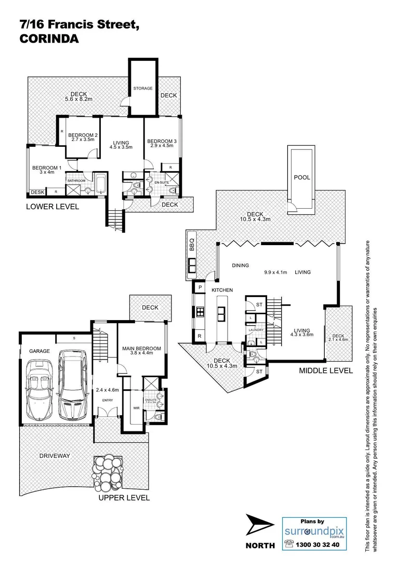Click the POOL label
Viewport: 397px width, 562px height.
click(302, 177)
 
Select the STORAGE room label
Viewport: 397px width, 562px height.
click(142, 88)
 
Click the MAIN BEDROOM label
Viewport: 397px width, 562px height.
click(141, 349)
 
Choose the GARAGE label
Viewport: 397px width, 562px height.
click(39, 351)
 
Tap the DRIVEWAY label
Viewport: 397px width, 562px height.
click(55, 455)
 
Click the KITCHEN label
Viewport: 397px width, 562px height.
click(222, 290)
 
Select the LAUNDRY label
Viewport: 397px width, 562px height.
click(257, 330)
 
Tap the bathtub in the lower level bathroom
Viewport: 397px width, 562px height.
click(100, 183)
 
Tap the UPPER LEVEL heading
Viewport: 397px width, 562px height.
click(124, 497)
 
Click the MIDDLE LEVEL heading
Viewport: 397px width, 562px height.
click(326, 371)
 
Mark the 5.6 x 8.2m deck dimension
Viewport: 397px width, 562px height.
click(78, 99)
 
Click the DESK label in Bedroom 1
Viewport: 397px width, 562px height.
click(37, 193)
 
